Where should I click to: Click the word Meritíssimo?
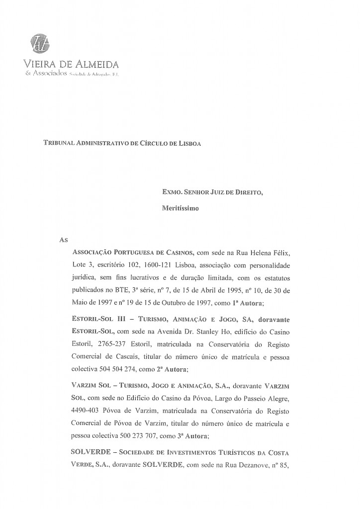180,209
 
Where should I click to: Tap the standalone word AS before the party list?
63,240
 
